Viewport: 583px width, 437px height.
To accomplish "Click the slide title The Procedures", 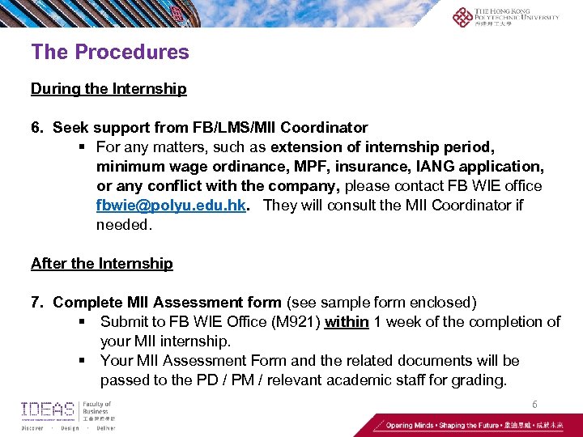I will click(x=109, y=53).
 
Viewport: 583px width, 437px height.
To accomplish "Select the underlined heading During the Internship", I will click(x=109, y=89).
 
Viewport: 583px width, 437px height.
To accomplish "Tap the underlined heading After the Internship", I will click(x=101, y=264).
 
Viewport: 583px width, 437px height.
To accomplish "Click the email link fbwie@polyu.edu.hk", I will click(x=171, y=206).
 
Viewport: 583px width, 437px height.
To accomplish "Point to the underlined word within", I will click(x=347, y=322).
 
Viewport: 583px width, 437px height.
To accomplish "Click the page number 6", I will click(x=534, y=404).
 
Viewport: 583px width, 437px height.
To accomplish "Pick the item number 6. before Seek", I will click(x=37, y=128).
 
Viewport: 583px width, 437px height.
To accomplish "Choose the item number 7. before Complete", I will click(x=37, y=303).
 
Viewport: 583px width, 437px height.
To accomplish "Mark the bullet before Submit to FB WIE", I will click(x=83, y=322).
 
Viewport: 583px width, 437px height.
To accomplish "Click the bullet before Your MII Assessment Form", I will click(x=83, y=361).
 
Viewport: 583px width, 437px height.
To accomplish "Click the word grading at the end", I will click(x=479, y=380).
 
